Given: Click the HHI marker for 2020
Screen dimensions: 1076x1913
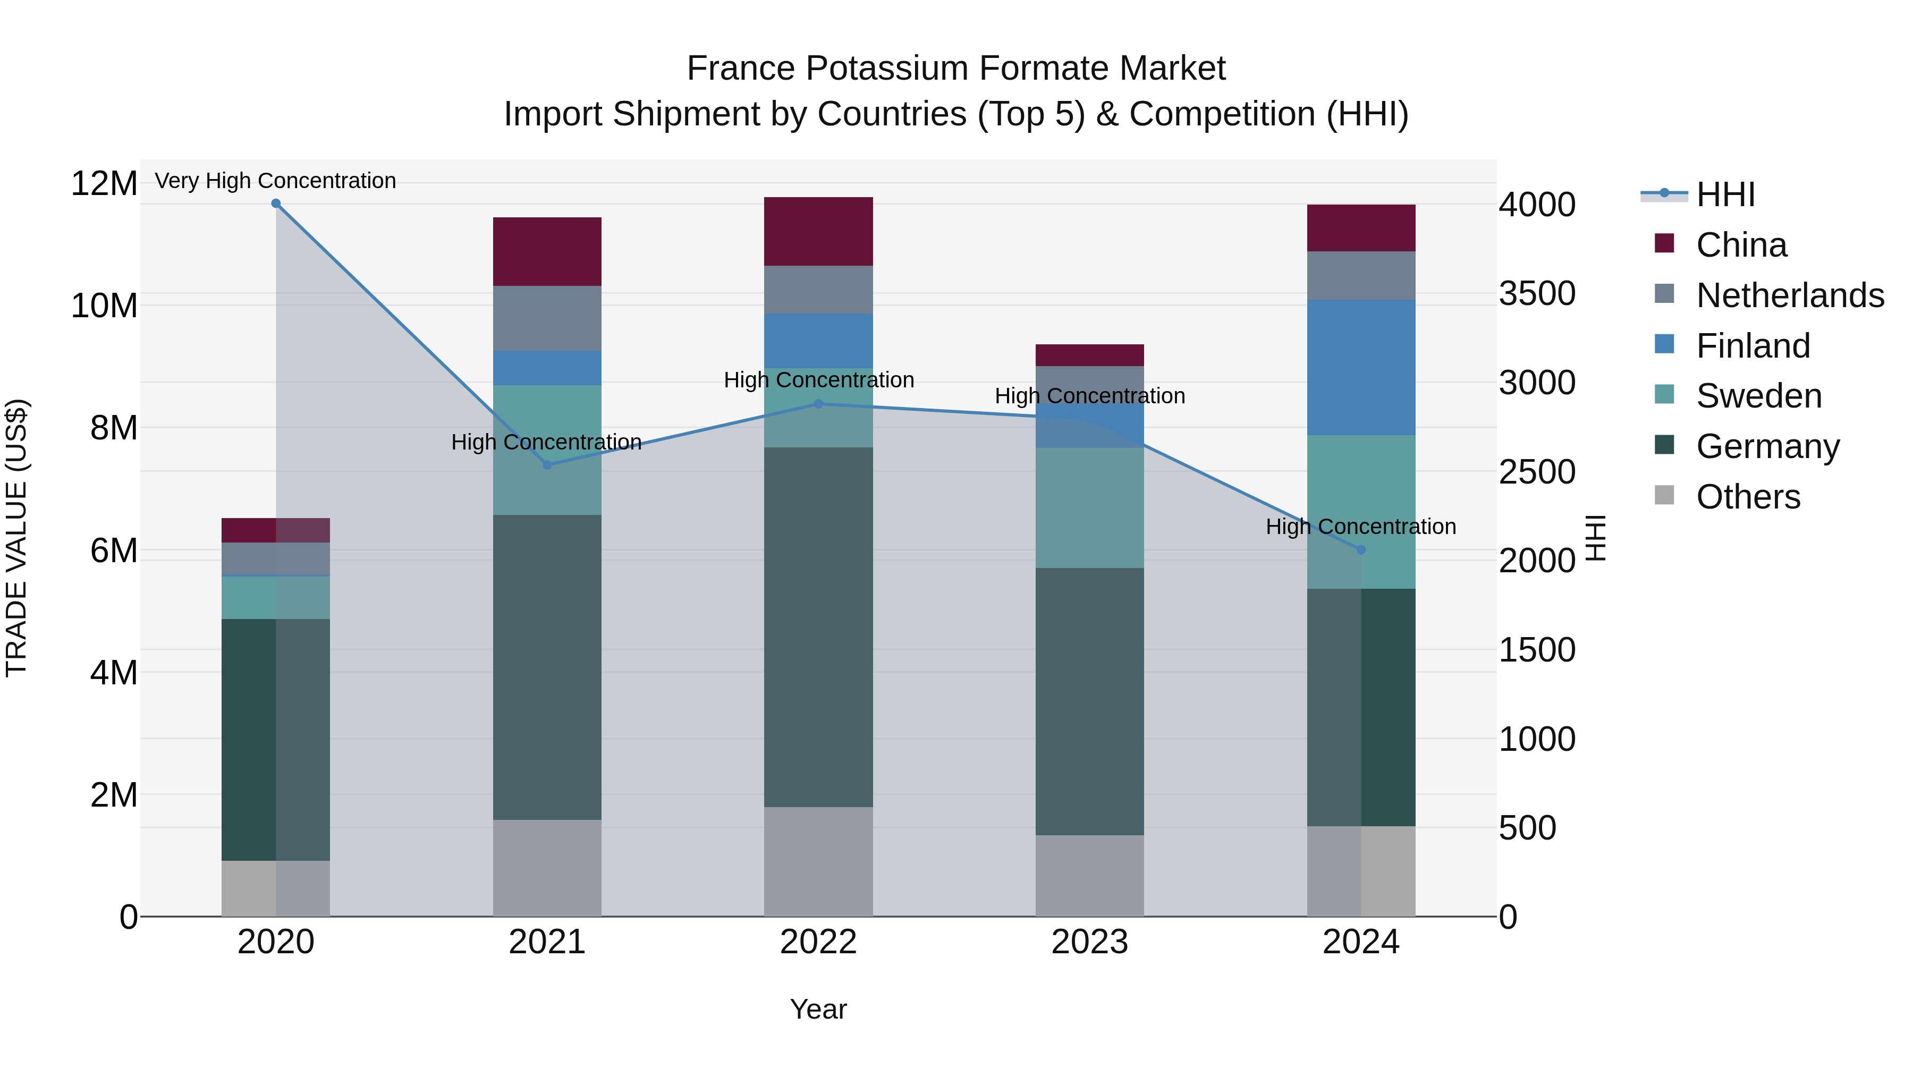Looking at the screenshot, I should tap(275, 204).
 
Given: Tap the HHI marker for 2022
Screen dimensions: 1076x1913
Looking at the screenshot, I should tap(818, 404).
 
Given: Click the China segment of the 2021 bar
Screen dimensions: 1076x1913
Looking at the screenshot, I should tap(547, 252).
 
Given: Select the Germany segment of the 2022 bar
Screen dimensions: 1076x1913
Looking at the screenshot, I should tap(818, 628).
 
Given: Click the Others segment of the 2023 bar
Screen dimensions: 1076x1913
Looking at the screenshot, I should tap(1089, 876).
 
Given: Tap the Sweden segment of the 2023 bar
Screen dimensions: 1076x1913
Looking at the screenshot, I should tap(1089, 508).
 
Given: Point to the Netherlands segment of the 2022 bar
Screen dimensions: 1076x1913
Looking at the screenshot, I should tap(818, 290).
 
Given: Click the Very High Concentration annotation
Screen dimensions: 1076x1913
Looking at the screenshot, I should tap(275, 181).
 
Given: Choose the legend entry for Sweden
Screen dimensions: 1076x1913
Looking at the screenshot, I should tap(1758, 396).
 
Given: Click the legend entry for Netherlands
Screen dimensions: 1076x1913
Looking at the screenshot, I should tap(1790, 295).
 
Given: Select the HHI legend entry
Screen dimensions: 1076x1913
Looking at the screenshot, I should tap(1724, 194).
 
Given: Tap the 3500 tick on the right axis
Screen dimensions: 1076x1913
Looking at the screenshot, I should tap(1536, 293).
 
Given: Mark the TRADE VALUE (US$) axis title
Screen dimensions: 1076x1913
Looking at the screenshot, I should tap(17, 538).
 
